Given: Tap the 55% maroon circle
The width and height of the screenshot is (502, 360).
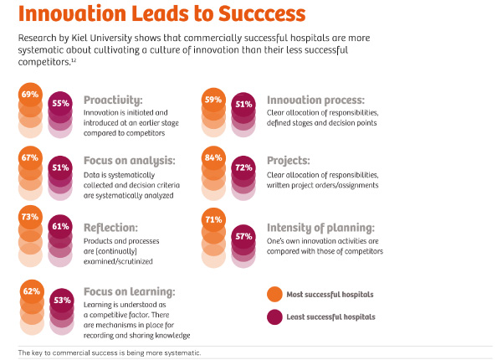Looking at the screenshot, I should point(60,104).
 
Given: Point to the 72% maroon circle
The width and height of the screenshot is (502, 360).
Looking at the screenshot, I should point(243,168).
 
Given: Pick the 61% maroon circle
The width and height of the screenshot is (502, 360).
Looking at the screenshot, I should point(60,227).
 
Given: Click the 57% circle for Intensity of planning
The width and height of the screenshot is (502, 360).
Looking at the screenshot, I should point(243,237).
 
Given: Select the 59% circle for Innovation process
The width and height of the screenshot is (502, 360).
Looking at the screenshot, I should point(214,100).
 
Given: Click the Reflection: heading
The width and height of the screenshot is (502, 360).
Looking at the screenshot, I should point(112,227).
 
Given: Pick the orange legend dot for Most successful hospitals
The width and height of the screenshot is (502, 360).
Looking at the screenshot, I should point(274,295).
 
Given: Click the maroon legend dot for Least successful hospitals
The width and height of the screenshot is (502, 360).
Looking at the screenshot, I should point(274,316).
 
